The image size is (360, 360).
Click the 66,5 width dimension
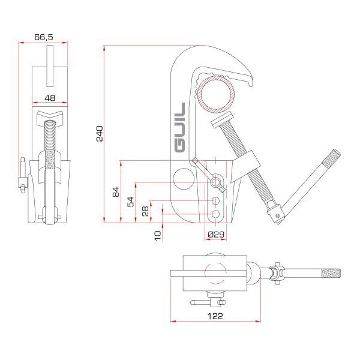point(43,37)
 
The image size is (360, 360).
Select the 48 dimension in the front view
point(50,98)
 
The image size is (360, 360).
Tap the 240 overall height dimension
point(100,133)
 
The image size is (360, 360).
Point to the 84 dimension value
point(116,192)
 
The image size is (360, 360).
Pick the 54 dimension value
point(131,202)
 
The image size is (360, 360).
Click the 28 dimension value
point(145,211)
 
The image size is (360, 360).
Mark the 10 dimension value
point(157,235)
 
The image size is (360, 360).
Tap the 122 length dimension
point(215,315)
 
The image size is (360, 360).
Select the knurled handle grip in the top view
point(331,274)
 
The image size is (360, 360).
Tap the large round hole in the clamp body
point(185,179)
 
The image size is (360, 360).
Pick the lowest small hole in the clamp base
point(215,214)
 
